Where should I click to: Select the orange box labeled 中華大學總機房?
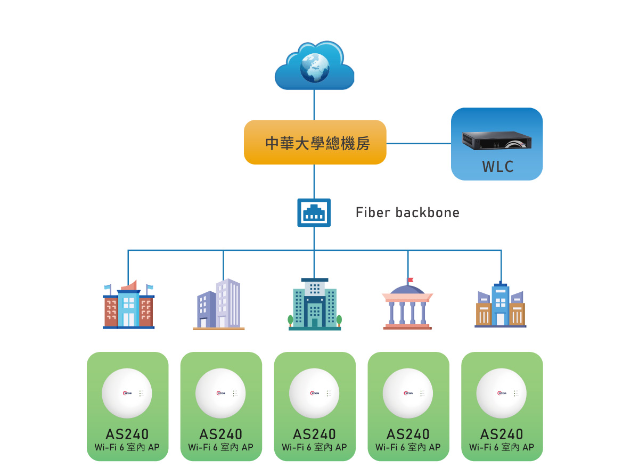pos(315,142)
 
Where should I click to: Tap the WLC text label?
pos(498,167)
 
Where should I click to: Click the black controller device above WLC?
pos(497,140)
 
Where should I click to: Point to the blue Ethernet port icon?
pos(314,213)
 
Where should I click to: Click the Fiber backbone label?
pos(407,213)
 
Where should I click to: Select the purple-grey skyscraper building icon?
pos(219,304)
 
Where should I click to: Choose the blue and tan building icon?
pos(500,306)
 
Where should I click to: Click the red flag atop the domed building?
pos(411,280)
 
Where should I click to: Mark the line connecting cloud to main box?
pos(314,105)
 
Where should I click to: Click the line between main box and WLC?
pos(419,143)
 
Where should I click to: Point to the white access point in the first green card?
pos(127,393)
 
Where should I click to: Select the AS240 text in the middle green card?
pos(314,434)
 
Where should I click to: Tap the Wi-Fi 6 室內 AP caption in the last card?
pos(502,447)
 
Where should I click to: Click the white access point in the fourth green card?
pos(408,393)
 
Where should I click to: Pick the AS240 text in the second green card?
pos(221,434)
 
